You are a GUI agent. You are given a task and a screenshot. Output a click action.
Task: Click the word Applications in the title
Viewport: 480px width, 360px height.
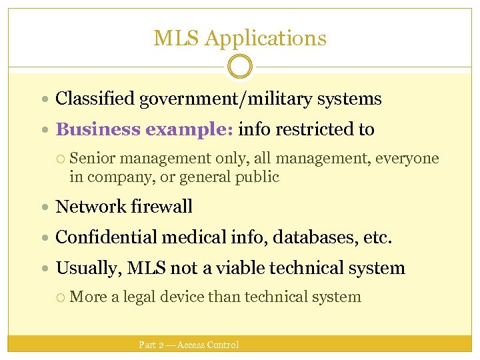pos(265,38)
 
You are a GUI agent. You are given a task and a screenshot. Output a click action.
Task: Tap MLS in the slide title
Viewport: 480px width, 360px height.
pos(177,38)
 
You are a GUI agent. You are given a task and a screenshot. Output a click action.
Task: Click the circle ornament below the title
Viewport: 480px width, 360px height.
pos(240,67)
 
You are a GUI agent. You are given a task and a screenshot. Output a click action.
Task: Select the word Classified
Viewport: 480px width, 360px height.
pos(95,99)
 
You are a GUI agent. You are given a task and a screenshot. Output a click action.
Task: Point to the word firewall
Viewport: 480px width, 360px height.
pos(162,207)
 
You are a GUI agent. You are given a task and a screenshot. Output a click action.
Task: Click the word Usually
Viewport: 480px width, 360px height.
pos(85,268)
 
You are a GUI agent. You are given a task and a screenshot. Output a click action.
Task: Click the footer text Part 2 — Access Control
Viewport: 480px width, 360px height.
pos(189,345)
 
